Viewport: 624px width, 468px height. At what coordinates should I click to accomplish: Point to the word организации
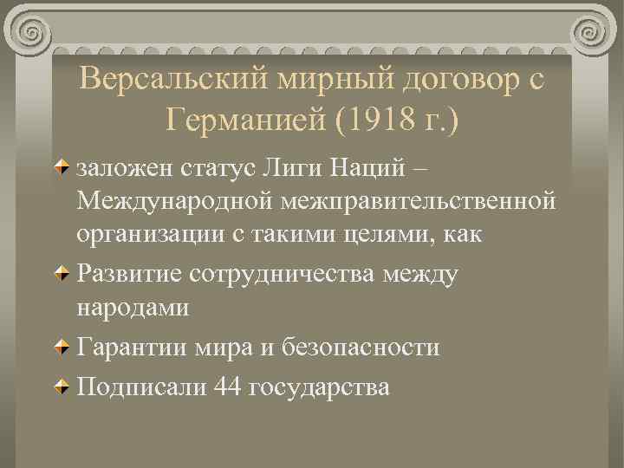[146, 237]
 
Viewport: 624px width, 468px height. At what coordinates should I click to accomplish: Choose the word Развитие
[128, 273]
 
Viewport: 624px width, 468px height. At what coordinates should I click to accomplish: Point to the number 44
[227, 386]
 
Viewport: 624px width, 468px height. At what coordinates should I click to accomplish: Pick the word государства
[319, 386]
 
